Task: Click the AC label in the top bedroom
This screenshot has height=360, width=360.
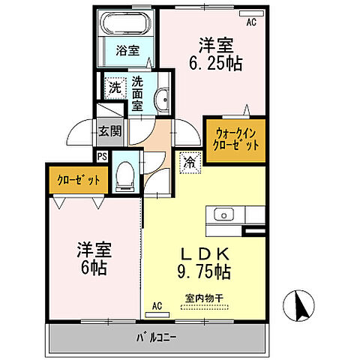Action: (x=251, y=23)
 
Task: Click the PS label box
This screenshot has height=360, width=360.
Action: (x=101, y=156)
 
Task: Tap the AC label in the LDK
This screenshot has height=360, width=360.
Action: (x=157, y=307)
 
